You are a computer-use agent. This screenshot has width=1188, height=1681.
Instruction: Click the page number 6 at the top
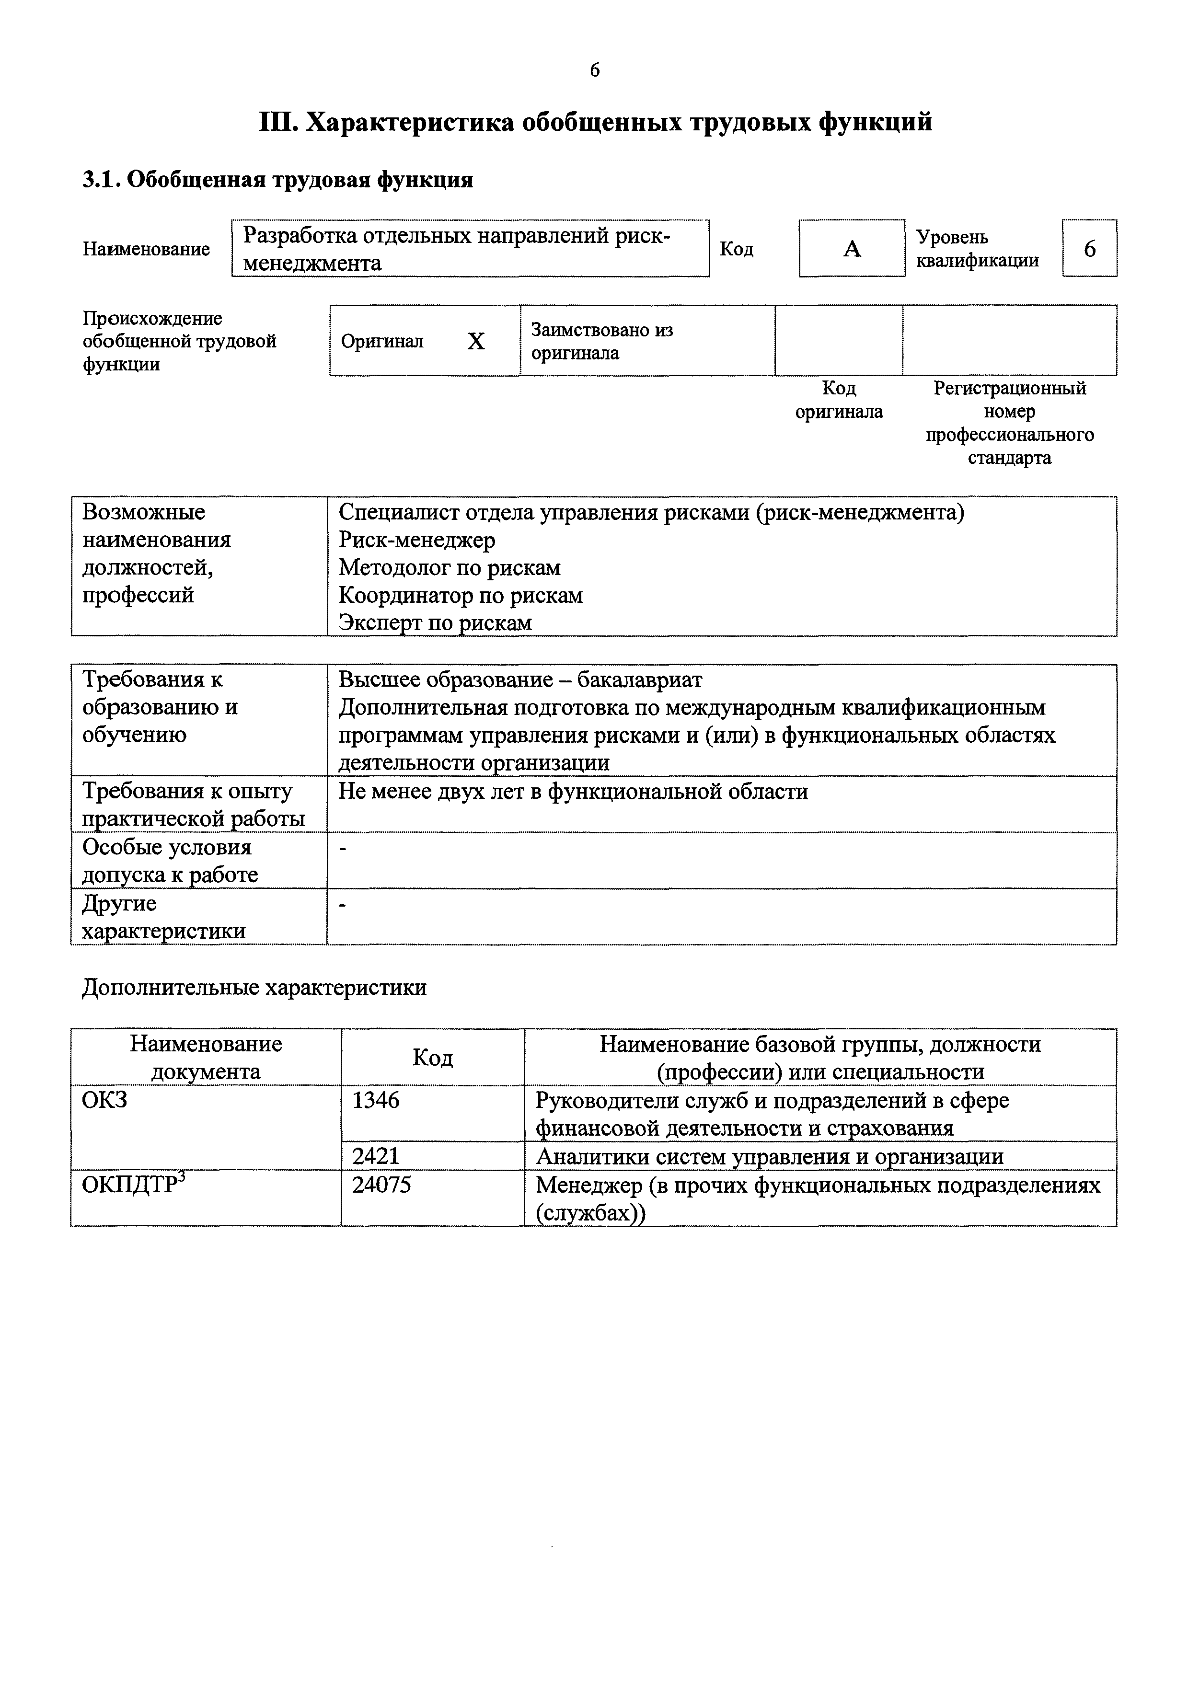tap(594, 70)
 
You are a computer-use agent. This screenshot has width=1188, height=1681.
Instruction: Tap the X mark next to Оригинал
tap(476, 341)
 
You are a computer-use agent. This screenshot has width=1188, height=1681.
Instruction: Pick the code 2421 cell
tap(376, 1156)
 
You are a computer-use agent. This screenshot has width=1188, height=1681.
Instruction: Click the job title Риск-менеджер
tap(416, 541)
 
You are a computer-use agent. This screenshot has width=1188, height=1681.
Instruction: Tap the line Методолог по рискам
tap(450, 568)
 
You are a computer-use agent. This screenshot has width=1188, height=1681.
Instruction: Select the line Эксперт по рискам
tap(435, 623)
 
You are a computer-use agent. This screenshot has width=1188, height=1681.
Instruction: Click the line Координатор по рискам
tap(461, 596)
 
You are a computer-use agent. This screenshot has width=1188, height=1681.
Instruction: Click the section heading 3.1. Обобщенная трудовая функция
tap(277, 179)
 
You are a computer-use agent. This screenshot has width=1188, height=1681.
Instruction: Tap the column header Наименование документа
tap(206, 1057)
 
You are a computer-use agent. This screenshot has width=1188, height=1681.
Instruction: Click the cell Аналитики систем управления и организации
tap(769, 1157)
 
